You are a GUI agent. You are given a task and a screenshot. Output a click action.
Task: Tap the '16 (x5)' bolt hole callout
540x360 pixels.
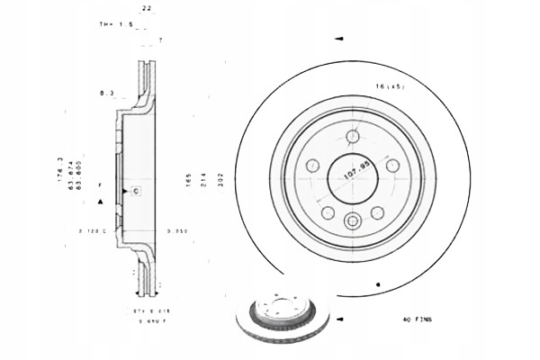pos(390,86)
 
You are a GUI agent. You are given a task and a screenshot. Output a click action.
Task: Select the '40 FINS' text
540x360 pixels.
pos(418,319)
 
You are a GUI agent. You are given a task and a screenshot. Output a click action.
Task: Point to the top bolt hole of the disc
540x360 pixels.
pos(353,137)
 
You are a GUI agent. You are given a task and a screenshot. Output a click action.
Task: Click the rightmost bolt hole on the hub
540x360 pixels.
pos(391,165)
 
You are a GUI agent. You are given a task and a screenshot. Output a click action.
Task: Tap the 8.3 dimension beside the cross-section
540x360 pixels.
pos(106,92)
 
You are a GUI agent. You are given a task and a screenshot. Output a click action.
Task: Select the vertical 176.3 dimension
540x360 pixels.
pos(60,172)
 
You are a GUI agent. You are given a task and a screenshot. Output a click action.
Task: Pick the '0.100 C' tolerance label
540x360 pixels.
pos(93,232)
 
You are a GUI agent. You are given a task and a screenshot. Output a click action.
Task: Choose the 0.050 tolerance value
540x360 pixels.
pos(176,232)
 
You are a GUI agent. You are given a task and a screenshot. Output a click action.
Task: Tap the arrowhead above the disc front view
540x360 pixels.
pos(339,39)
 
